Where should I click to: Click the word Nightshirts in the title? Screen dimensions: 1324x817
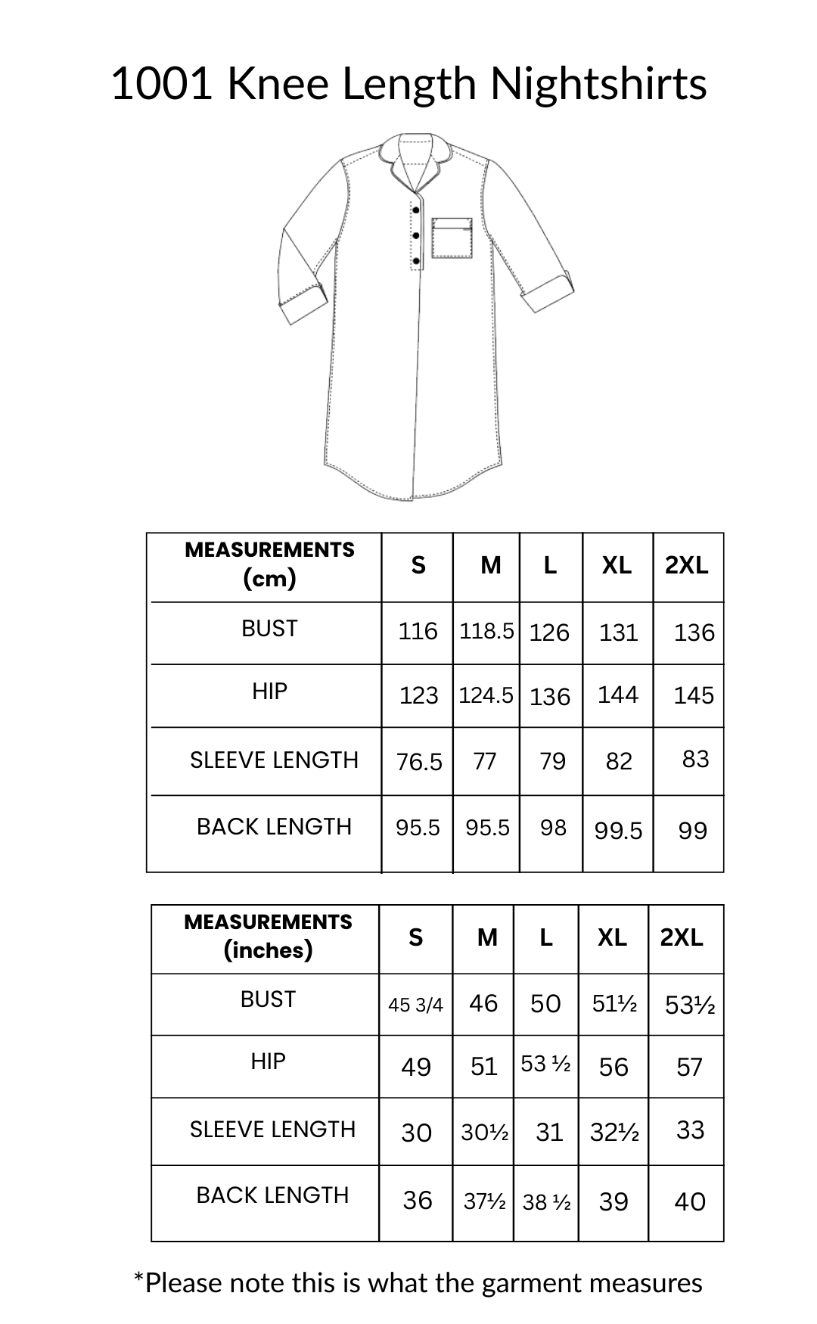pos(598,83)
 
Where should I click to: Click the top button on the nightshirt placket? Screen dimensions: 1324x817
pos(416,210)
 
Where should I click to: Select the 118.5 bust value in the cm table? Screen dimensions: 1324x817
pos(486,631)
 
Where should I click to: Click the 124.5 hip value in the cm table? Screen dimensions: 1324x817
pos(486,695)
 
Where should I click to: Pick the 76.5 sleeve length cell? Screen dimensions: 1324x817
pos(419,761)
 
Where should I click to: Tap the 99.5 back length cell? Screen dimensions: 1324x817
pos(618,831)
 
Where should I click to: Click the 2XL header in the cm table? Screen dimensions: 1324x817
pos(687,565)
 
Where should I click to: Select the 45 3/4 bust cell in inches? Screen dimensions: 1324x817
pos(415,1005)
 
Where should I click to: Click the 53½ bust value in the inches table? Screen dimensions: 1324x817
pos(689,1005)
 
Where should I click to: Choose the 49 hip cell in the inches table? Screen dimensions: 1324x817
pos(416,1067)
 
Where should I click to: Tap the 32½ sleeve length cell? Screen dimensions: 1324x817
pos(614,1132)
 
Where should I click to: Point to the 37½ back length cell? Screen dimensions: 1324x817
pos(484,1201)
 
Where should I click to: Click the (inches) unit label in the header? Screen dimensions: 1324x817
pos(268,949)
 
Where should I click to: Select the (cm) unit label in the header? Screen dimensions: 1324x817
pos(269,579)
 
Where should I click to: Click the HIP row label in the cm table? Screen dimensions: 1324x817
pos(269,691)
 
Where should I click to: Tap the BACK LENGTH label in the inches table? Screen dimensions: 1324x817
pos(272,1195)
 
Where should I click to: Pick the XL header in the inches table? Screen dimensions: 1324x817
pos(612,937)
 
